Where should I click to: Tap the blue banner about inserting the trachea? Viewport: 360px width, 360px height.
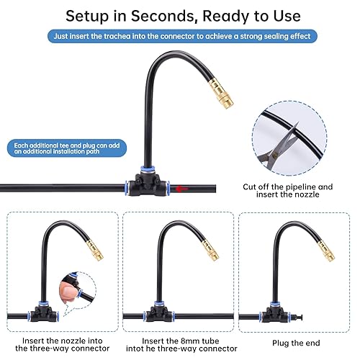(180, 35)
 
